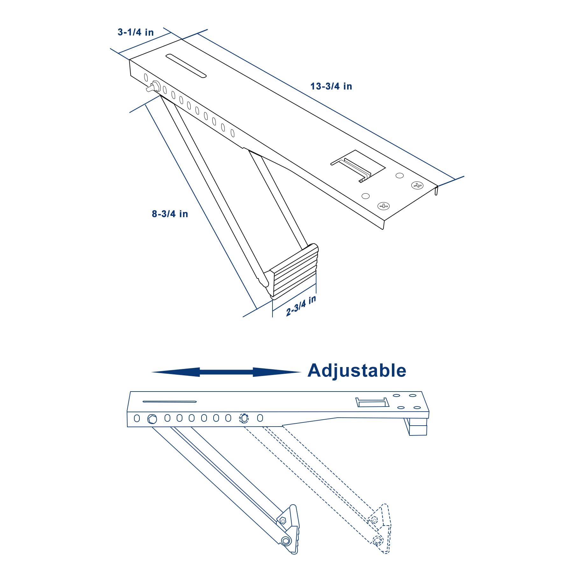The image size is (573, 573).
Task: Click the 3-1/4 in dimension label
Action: pos(136,32)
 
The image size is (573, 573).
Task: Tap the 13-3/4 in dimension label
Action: pos(331,86)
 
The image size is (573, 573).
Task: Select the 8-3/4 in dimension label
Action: pos(170,214)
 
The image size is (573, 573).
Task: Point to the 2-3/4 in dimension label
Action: pos(301,306)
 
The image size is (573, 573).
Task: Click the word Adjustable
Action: pos(357,371)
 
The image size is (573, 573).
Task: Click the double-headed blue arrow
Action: pos(226,372)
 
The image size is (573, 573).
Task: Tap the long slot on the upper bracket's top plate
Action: pos(186,66)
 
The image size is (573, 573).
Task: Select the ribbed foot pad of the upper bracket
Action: pos(294,272)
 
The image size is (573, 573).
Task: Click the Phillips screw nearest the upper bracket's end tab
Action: pos(417,185)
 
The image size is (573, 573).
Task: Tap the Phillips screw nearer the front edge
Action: pos(384,206)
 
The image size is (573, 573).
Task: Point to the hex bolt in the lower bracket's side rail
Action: pos(152,419)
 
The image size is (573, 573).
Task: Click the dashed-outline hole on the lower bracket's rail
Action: pos(244,418)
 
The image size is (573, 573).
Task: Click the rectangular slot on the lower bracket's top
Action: pos(372,402)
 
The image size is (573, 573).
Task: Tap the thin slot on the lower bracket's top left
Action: pos(169,401)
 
